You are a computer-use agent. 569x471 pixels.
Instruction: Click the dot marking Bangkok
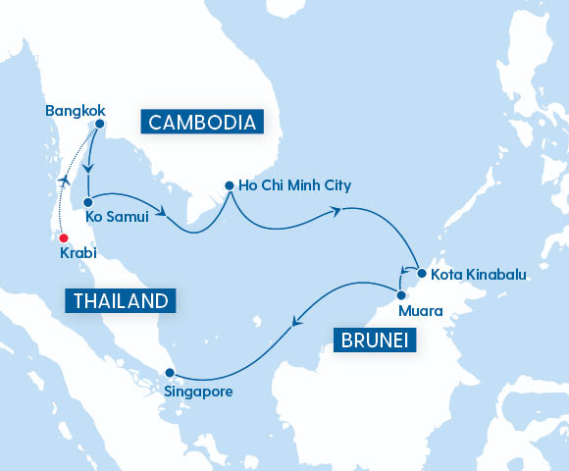click(99, 124)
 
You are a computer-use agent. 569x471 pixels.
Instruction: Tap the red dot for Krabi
click(63, 237)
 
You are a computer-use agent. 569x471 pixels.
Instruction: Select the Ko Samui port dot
click(88, 201)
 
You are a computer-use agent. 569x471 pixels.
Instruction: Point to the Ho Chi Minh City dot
click(230, 184)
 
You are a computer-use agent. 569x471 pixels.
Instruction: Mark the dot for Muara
click(400, 293)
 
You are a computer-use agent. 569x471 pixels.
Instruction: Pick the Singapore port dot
click(170, 373)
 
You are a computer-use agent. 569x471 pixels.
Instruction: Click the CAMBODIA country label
click(203, 122)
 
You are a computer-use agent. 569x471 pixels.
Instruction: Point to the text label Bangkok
click(75, 110)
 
